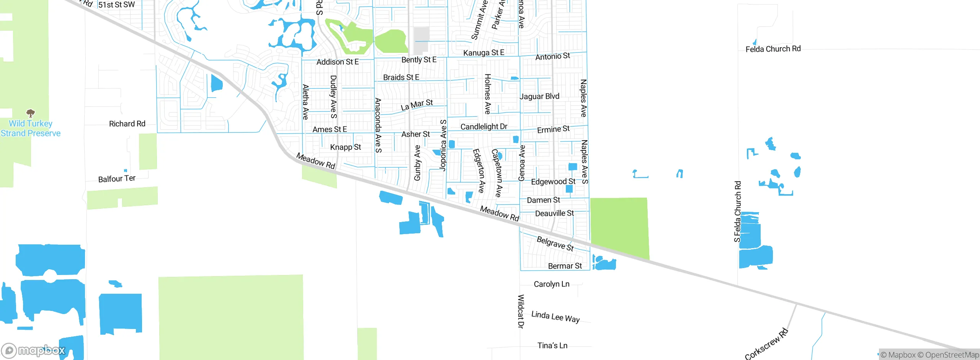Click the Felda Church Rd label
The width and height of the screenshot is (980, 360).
pos(773,49)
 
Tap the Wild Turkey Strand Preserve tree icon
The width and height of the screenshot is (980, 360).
pos(31,113)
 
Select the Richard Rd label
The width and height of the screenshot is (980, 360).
pos(127,124)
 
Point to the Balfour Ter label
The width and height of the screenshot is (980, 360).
pos(117,179)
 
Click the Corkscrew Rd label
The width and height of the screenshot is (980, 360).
pos(766,344)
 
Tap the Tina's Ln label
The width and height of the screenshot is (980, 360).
pos(552,345)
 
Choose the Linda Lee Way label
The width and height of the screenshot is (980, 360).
pos(555,317)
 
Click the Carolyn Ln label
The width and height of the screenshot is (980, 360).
pos(552,284)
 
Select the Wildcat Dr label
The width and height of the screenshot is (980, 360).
pos(521,311)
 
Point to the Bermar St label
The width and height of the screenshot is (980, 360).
pos(565,266)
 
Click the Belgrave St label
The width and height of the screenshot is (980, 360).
pos(555,244)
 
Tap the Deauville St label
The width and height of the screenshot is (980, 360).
pos(554,213)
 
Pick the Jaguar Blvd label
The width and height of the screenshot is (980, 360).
pos(539,97)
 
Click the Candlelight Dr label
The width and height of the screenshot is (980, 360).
pos(484,127)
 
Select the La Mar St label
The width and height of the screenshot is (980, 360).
pos(417,105)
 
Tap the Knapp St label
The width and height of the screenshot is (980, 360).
pos(345,147)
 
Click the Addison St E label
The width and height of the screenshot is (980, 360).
pos(338,62)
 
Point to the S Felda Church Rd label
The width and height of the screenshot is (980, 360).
pos(737,211)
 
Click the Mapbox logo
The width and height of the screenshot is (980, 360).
pos(34,350)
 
